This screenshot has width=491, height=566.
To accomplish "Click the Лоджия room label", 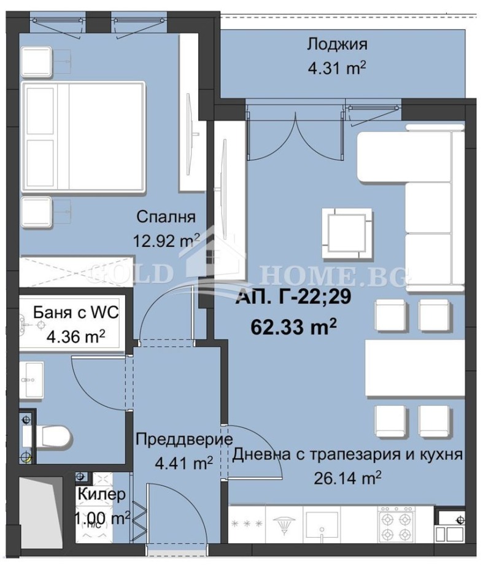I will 337,44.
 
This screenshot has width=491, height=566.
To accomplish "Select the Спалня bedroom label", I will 166,217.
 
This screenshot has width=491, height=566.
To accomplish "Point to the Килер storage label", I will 102,494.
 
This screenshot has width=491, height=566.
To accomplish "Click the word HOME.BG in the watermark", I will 333,276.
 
